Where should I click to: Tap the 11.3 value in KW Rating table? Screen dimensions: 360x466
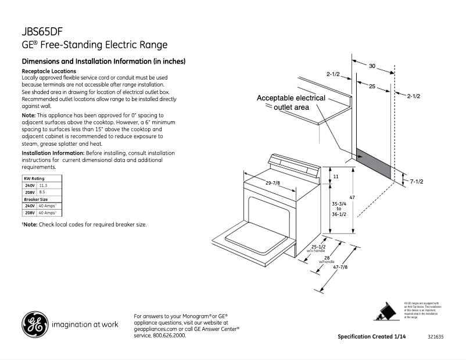[43, 185]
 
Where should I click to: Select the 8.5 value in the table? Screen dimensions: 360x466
[42, 192]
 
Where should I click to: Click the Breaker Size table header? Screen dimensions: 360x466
[35, 199]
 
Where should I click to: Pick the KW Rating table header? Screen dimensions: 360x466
[34, 178]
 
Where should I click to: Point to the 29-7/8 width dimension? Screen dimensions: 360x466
[273, 183]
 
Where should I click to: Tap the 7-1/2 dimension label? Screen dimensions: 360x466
[416, 181]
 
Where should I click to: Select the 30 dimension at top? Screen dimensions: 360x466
[372, 66]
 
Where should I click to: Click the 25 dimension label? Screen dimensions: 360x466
[371, 86]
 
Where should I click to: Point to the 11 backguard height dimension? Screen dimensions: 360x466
[335, 175]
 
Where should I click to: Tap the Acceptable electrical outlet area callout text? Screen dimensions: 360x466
[291, 103]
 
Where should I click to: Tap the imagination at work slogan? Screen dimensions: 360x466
[85, 325]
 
